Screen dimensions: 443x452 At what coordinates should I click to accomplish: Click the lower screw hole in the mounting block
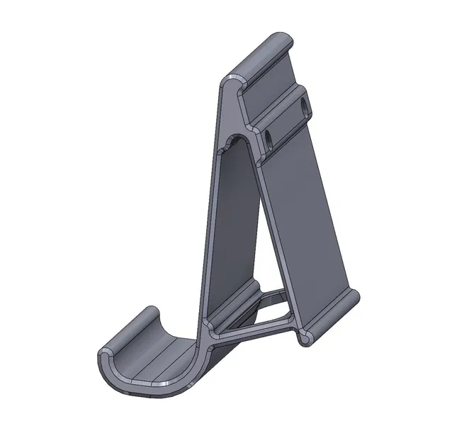coord(270,137)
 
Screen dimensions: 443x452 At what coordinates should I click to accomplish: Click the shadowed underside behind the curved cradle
coord(213,361)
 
